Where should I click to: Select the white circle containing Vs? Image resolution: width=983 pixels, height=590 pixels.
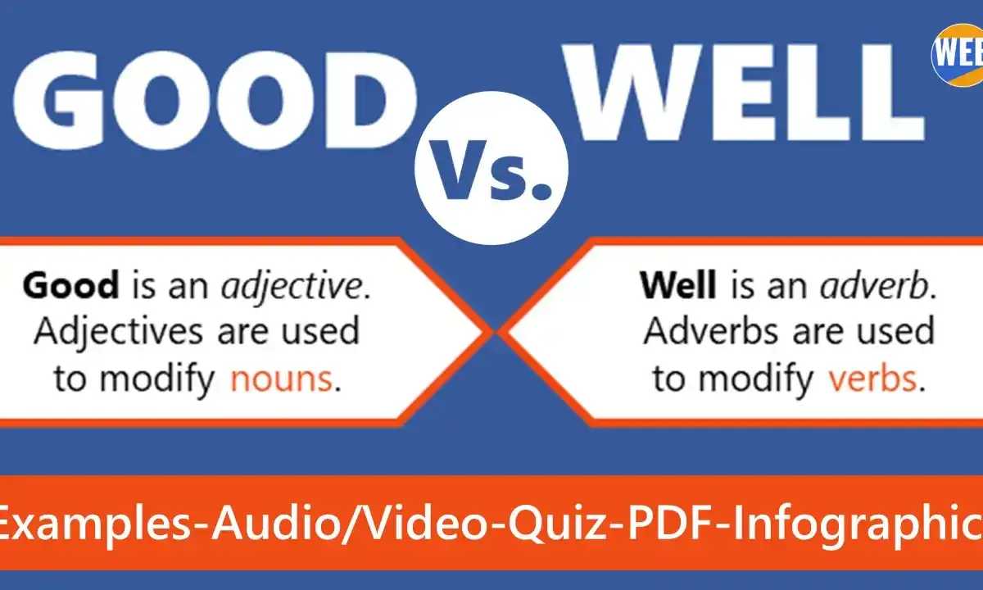(491, 168)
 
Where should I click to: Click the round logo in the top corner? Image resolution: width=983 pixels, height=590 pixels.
(958, 54)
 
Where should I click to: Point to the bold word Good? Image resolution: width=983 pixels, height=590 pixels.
(71, 285)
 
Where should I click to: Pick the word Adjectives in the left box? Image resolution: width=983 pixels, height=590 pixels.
(119, 333)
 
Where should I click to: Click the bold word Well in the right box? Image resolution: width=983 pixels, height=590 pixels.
(678, 285)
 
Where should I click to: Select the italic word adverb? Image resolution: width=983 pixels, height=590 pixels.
(878, 286)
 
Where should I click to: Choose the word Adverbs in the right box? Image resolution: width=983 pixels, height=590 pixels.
(711, 331)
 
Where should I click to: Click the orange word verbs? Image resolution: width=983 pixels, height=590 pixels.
(872, 379)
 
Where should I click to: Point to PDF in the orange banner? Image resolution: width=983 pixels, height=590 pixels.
(671, 524)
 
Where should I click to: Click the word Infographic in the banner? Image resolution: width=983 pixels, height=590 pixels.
(857, 525)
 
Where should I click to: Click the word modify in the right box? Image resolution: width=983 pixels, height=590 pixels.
(756, 379)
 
